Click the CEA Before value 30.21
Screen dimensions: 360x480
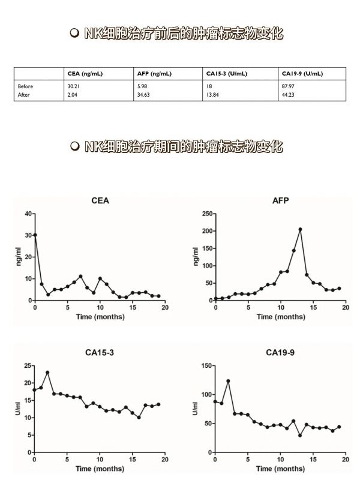pos(73,86)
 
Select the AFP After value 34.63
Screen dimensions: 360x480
pos(143,95)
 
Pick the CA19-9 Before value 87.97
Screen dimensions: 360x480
pos(288,86)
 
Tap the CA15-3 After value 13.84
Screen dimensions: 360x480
pos(212,95)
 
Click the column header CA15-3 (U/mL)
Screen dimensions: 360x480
pos(227,74)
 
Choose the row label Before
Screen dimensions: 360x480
pos(25,86)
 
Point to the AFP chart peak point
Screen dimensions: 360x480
pos(301,229)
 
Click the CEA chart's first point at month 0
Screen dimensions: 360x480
pos(35,235)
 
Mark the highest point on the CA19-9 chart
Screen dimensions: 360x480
pos(228,381)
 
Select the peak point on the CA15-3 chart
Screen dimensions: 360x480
pos(47,373)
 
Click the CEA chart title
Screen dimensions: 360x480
pos(100,200)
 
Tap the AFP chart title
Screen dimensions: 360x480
pos(280,200)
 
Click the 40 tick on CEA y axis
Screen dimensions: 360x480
pos(28,214)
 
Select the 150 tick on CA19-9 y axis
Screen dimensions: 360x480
pos(206,365)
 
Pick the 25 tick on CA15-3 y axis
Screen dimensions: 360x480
pos(28,365)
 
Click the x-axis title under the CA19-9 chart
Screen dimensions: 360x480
pos(280,469)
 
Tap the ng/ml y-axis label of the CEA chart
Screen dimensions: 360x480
pos(19,257)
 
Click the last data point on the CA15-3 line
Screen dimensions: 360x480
pos(158,404)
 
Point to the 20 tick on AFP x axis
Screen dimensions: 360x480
pos(346,307)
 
